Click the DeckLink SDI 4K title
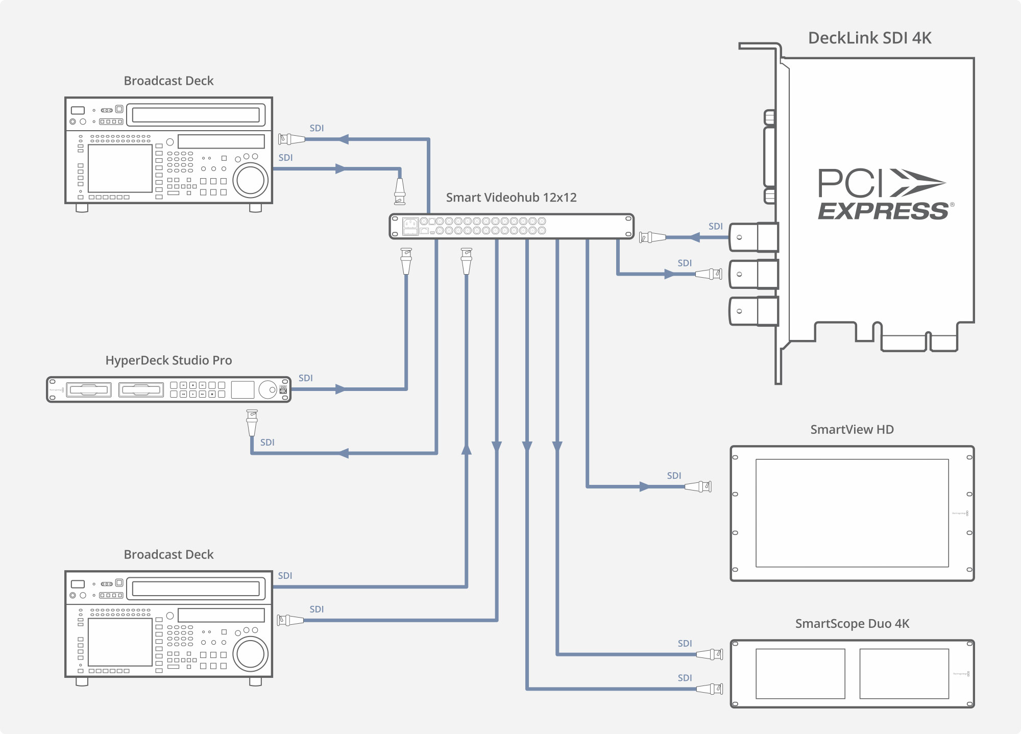[x=869, y=38]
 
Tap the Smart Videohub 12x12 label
[x=511, y=198]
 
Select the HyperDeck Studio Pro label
[x=168, y=360]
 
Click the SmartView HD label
[x=852, y=430]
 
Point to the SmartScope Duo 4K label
[x=852, y=624]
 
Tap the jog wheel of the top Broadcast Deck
[x=251, y=180]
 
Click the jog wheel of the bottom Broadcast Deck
[x=251, y=654]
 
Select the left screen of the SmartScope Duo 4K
[x=800, y=674]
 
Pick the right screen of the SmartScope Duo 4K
[x=904, y=674]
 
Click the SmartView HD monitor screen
[x=852, y=513]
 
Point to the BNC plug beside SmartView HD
[x=699, y=486]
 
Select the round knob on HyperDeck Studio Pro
[x=268, y=390]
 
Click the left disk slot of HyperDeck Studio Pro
[x=89, y=390]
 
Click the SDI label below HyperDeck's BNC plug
[x=268, y=443]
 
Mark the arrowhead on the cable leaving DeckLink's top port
[x=694, y=237]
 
